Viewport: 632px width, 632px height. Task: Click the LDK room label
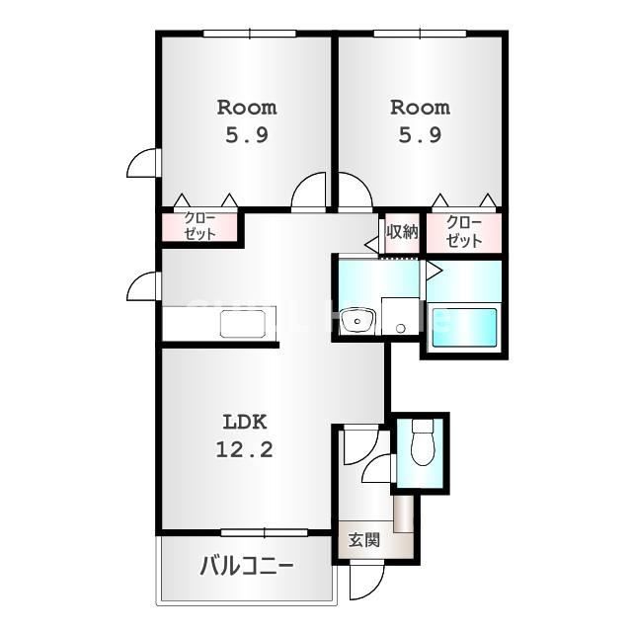pyautogui.click(x=245, y=422)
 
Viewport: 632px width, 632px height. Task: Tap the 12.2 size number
pyautogui.click(x=245, y=449)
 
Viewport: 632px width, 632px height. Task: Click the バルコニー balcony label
pyautogui.click(x=247, y=566)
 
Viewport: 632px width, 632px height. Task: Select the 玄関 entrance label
pyautogui.click(x=364, y=540)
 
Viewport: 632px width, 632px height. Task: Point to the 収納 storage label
pyautogui.click(x=402, y=232)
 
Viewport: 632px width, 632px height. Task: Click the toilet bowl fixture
pyautogui.click(x=422, y=442)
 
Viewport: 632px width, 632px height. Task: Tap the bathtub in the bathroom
pyautogui.click(x=464, y=328)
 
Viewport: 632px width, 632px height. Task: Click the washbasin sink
pyautogui.click(x=357, y=320)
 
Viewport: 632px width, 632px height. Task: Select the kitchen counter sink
pyautogui.click(x=243, y=324)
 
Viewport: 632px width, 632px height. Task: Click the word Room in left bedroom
pyautogui.click(x=247, y=108)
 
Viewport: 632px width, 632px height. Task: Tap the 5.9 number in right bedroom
pyautogui.click(x=420, y=135)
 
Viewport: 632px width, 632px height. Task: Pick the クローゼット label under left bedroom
pyautogui.click(x=199, y=226)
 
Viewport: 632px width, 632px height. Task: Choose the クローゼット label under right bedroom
pyautogui.click(x=464, y=232)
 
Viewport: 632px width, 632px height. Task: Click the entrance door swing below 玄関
pyautogui.click(x=366, y=582)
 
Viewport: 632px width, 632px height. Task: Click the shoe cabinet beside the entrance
pyautogui.click(x=404, y=513)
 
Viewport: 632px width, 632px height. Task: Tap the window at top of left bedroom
pyautogui.click(x=250, y=34)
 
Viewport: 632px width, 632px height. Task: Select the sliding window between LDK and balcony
pyautogui.click(x=265, y=533)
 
